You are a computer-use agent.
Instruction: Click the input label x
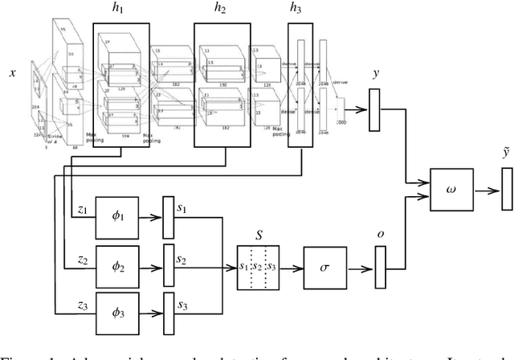(x=12, y=72)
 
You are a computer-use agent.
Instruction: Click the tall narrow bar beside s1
(x=168, y=218)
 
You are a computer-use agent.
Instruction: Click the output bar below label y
(x=373, y=110)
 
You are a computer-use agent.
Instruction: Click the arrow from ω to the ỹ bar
(x=479, y=190)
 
